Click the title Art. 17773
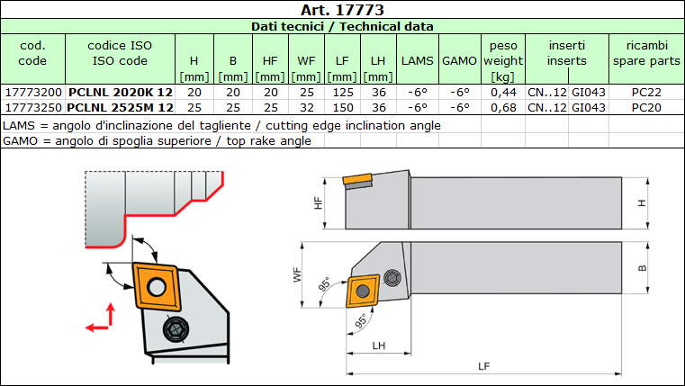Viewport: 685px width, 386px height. click(x=342, y=9)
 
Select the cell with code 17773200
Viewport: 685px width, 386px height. click(x=32, y=93)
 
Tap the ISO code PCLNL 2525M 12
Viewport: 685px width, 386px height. click(x=120, y=107)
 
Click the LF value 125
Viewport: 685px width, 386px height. click(x=342, y=93)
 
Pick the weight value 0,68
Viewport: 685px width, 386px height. click(x=503, y=107)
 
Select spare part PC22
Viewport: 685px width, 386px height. click(x=646, y=93)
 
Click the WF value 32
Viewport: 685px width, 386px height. click(x=306, y=107)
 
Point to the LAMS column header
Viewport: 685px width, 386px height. click(x=417, y=60)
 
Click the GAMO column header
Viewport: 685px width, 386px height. click(x=460, y=60)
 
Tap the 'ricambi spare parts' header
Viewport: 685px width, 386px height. click(x=646, y=53)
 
